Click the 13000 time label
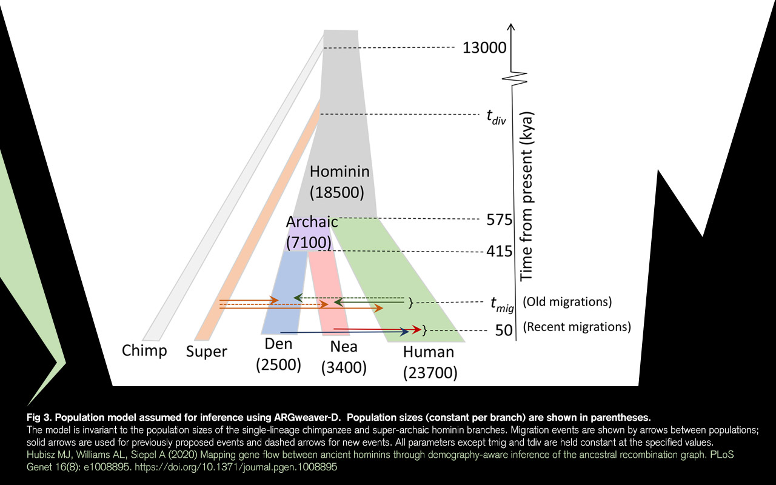click(484, 48)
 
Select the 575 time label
click(500, 219)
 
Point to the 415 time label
click(500, 251)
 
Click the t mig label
click(501, 303)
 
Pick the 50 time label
click(504, 331)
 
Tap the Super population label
click(206, 352)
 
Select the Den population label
click(278, 344)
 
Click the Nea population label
click(344, 346)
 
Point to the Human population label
click(428, 352)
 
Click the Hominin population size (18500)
click(336, 193)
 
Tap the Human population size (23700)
click(430, 372)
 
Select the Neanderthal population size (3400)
click(344, 367)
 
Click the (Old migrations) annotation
click(567, 301)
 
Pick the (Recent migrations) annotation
click(577, 327)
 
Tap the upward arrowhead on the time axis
click(512, 27)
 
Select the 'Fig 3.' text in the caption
click(39, 417)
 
